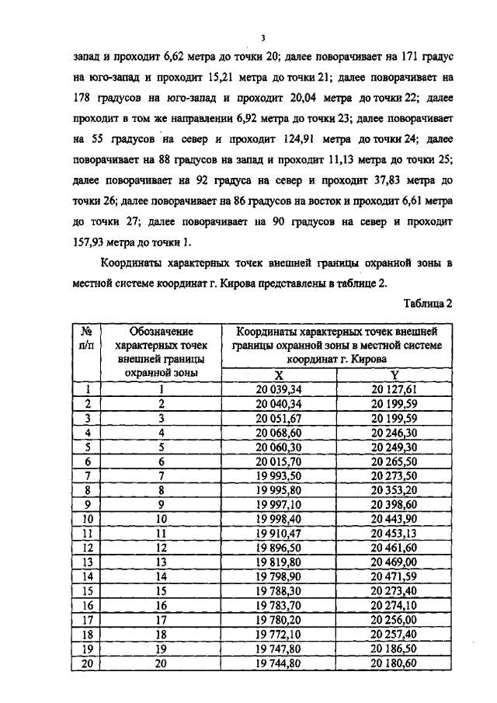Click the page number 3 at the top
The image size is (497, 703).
(263, 37)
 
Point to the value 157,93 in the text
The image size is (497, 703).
(90, 241)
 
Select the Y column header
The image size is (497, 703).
(394, 375)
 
